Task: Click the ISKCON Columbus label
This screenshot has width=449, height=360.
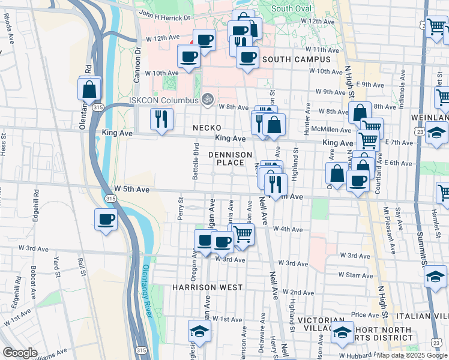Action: point(164,100)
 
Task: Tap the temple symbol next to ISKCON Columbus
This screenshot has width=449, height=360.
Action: point(208,98)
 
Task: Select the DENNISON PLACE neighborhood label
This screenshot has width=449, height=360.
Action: point(231,158)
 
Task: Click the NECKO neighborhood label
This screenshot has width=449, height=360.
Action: point(207,128)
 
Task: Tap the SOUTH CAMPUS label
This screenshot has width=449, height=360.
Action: point(297,59)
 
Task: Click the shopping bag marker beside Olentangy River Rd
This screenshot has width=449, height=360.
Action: point(89,89)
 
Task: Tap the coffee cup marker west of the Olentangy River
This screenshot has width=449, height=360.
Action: point(106,219)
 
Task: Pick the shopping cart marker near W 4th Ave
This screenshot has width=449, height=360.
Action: point(243,234)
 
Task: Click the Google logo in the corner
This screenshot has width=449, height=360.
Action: point(20,353)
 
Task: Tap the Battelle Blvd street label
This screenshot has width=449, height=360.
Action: point(196,162)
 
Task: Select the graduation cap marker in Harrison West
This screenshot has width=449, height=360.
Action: point(198,331)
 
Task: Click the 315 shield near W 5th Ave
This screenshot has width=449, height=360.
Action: point(109,197)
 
